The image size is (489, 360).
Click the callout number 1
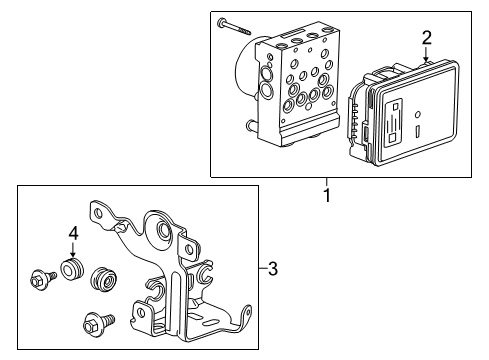(x=327, y=195)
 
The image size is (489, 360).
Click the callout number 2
(x=427, y=38)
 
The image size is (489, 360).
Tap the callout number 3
(x=273, y=268)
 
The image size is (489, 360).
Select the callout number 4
(x=73, y=233)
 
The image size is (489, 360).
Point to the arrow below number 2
(x=426, y=54)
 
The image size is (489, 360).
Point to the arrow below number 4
(x=73, y=250)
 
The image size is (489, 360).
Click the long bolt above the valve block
(x=234, y=27)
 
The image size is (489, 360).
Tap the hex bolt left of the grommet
(x=43, y=279)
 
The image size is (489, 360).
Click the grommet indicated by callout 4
(x=71, y=268)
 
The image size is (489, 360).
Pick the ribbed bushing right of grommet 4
(x=104, y=279)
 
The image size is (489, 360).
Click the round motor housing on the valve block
(x=247, y=67)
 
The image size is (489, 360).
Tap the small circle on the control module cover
(x=418, y=114)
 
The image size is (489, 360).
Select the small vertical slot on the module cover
(x=418, y=131)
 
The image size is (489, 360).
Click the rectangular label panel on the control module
(x=394, y=122)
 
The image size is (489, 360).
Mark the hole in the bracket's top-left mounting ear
(x=98, y=213)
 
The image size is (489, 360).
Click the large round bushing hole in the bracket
(x=164, y=229)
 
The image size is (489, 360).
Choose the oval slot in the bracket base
(x=210, y=323)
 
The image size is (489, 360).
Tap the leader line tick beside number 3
(x=263, y=268)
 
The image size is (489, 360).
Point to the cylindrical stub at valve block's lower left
(x=252, y=126)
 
